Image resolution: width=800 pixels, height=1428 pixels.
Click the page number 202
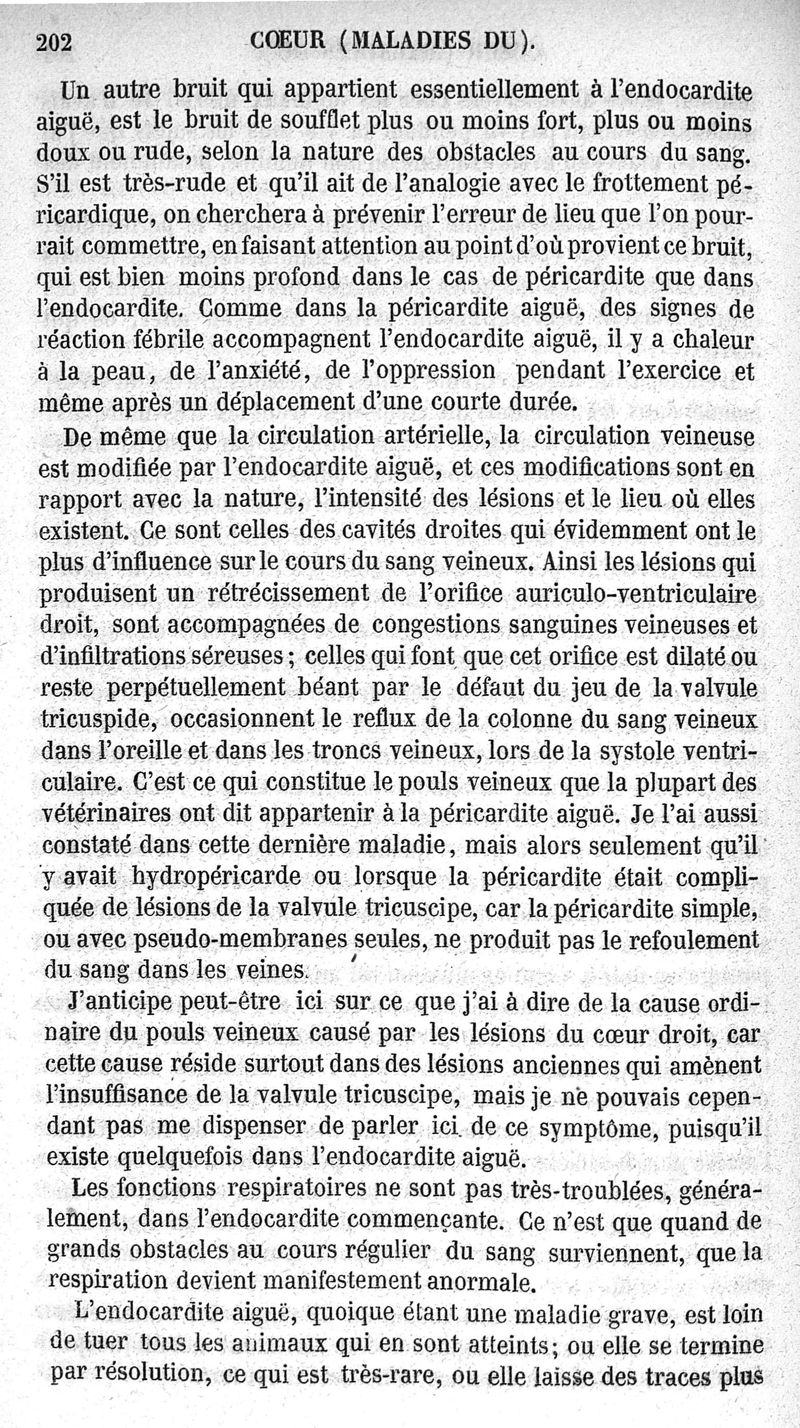pyautogui.click(x=58, y=42)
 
